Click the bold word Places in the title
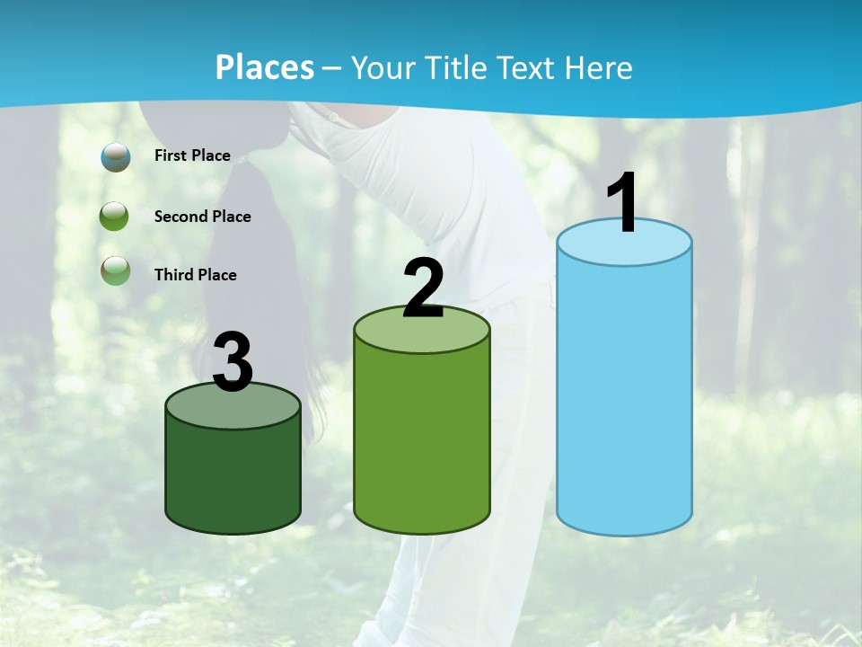[265, 67]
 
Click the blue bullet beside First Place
[115, 156]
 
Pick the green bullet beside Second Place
[115, 217]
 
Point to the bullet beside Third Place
[115, 270]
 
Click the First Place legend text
[192, 155]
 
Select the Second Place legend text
[202, 217]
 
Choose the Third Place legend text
[195, 275]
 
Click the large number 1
[623, 203]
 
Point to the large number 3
[233, 363]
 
